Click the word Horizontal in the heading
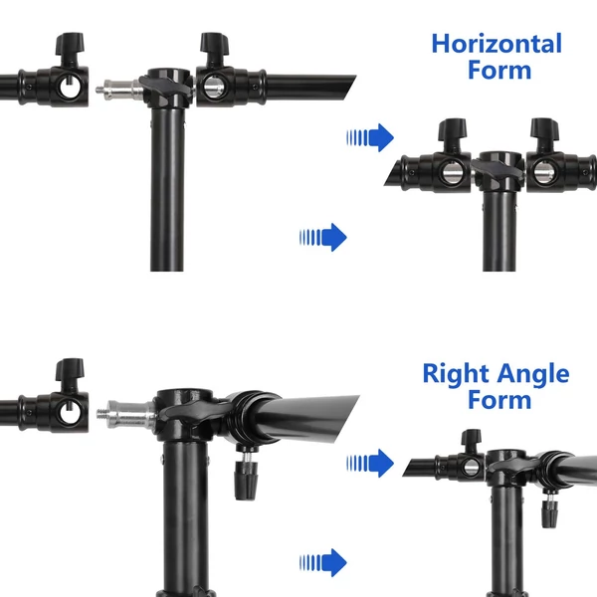click(x=497, y=44)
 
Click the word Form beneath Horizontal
click(x=499, y=70)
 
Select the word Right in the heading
click(x=456, y=374)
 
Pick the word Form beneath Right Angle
click(x=499, y=400)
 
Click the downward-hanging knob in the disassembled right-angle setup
click(x=246, y=474)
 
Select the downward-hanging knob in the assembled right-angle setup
click(x=549, y=509)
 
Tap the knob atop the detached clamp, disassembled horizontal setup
click(x=70, y=45)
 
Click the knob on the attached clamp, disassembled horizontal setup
click(x=214, y=45)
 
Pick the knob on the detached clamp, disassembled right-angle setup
click(x=70, y=370)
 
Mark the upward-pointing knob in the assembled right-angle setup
click(x=471, y=439)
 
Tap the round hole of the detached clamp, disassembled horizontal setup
click(x=71, y=88)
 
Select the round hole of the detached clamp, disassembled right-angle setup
click(x=71, y=413)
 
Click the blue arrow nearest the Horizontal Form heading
click(x=370, y=137)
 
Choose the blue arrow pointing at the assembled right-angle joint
click(x=370, y=463)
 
